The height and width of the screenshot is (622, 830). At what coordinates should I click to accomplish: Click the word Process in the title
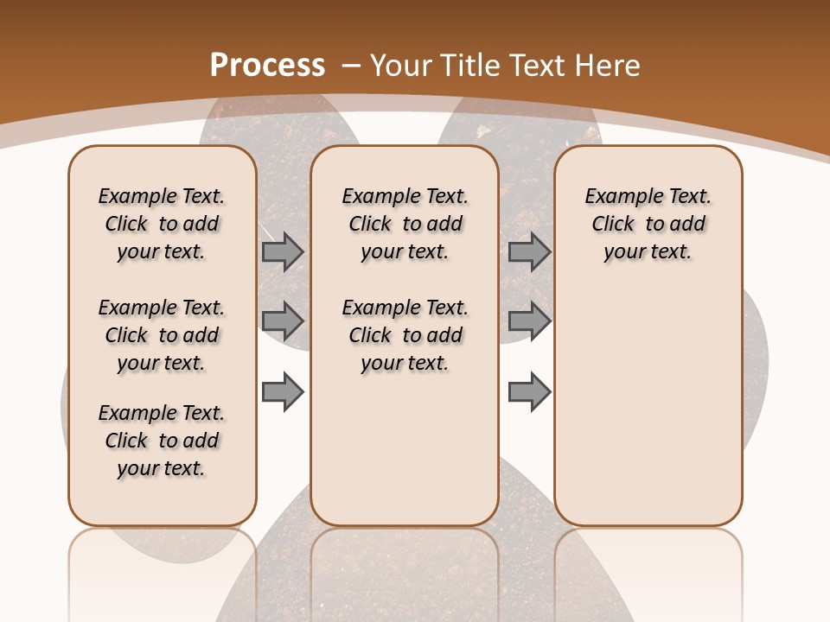click(x=267, y=65)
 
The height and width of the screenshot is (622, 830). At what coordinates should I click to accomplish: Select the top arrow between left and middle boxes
click(x=283, y=252)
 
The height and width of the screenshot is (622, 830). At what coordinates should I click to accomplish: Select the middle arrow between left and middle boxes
click(x=283, y=321)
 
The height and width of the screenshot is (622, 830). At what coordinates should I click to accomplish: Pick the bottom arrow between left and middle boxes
click(x=283, y=392)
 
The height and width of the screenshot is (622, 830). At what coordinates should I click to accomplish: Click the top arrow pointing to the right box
click(x=529, y=252)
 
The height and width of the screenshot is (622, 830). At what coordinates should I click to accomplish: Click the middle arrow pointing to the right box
click(x=529, y=321)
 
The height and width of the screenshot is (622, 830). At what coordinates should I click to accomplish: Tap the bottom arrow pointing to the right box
click(x=529, y=392)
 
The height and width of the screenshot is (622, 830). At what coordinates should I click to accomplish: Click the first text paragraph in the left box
click(x=162, y=224)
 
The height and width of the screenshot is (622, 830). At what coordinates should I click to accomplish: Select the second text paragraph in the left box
click(x=162, y=335)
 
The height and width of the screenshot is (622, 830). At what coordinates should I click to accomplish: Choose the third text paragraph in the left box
click(x=162, y=441)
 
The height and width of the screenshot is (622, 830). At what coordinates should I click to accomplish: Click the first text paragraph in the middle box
click(x=405, y=224)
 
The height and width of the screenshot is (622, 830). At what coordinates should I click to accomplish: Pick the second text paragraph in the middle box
click(x=405, y=335)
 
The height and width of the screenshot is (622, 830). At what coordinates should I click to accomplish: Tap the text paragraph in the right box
click(x=648, y=224)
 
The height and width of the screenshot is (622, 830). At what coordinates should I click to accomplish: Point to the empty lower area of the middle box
click(x=405, y=449)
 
